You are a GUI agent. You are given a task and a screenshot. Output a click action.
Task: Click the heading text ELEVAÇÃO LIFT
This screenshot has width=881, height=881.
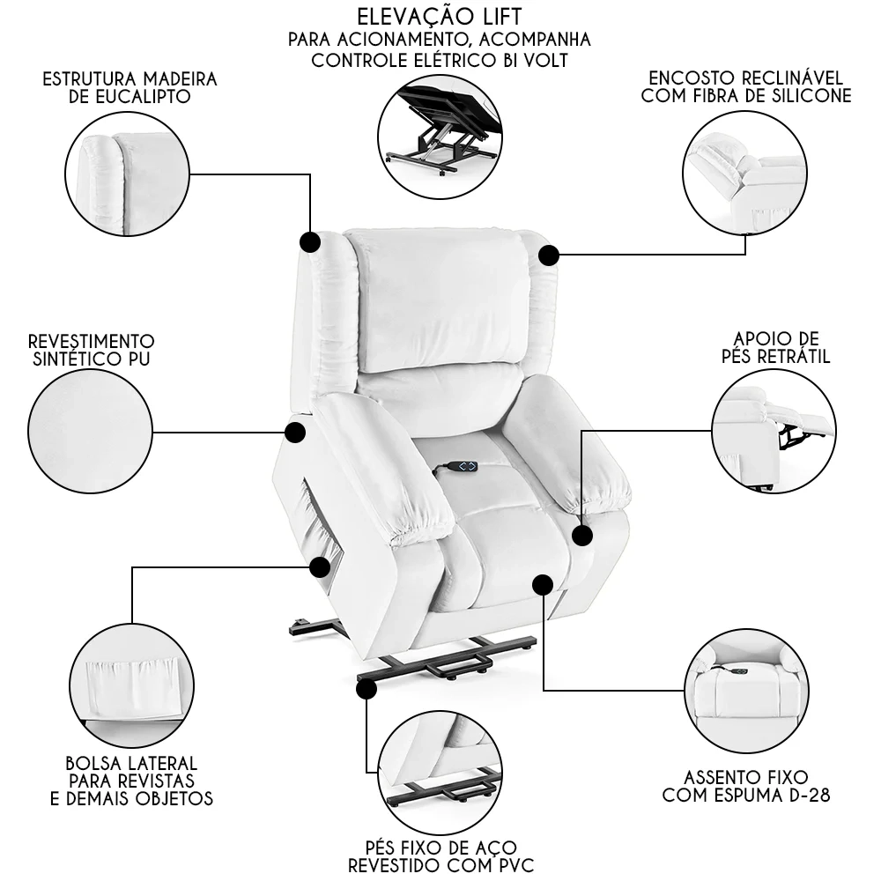pos(440,17)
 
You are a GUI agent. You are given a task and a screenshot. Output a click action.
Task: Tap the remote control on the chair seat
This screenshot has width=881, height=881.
pos(461,464)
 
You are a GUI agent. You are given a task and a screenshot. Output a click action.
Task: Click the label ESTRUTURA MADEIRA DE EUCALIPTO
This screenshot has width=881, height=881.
pos(130,87)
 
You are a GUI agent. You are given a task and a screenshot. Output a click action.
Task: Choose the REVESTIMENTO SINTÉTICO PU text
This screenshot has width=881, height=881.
pos(91,349)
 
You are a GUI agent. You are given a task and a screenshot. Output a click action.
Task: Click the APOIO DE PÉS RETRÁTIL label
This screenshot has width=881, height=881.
pos(774,347)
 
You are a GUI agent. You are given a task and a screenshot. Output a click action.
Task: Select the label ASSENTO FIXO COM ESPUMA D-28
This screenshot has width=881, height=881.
pos(746,786)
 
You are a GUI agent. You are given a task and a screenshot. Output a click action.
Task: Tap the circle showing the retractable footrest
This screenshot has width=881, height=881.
pos(773,429)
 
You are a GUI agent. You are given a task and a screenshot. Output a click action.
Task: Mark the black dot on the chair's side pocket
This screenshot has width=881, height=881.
pos(319,566)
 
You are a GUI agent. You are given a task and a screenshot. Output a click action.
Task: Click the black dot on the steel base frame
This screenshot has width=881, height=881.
pos(367,689)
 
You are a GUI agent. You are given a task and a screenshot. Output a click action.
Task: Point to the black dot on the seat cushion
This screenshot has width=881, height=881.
pos(543,583)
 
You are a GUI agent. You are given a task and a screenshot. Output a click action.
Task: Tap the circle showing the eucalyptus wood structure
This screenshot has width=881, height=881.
pos(128,174)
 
